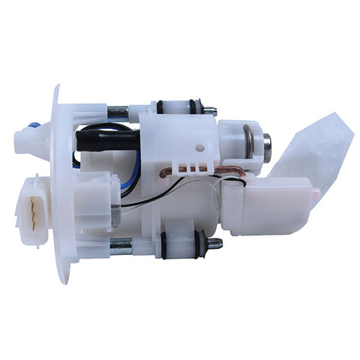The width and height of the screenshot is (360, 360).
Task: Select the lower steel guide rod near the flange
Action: pos(120,245)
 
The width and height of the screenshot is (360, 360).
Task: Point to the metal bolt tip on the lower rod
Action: pos(214,243)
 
